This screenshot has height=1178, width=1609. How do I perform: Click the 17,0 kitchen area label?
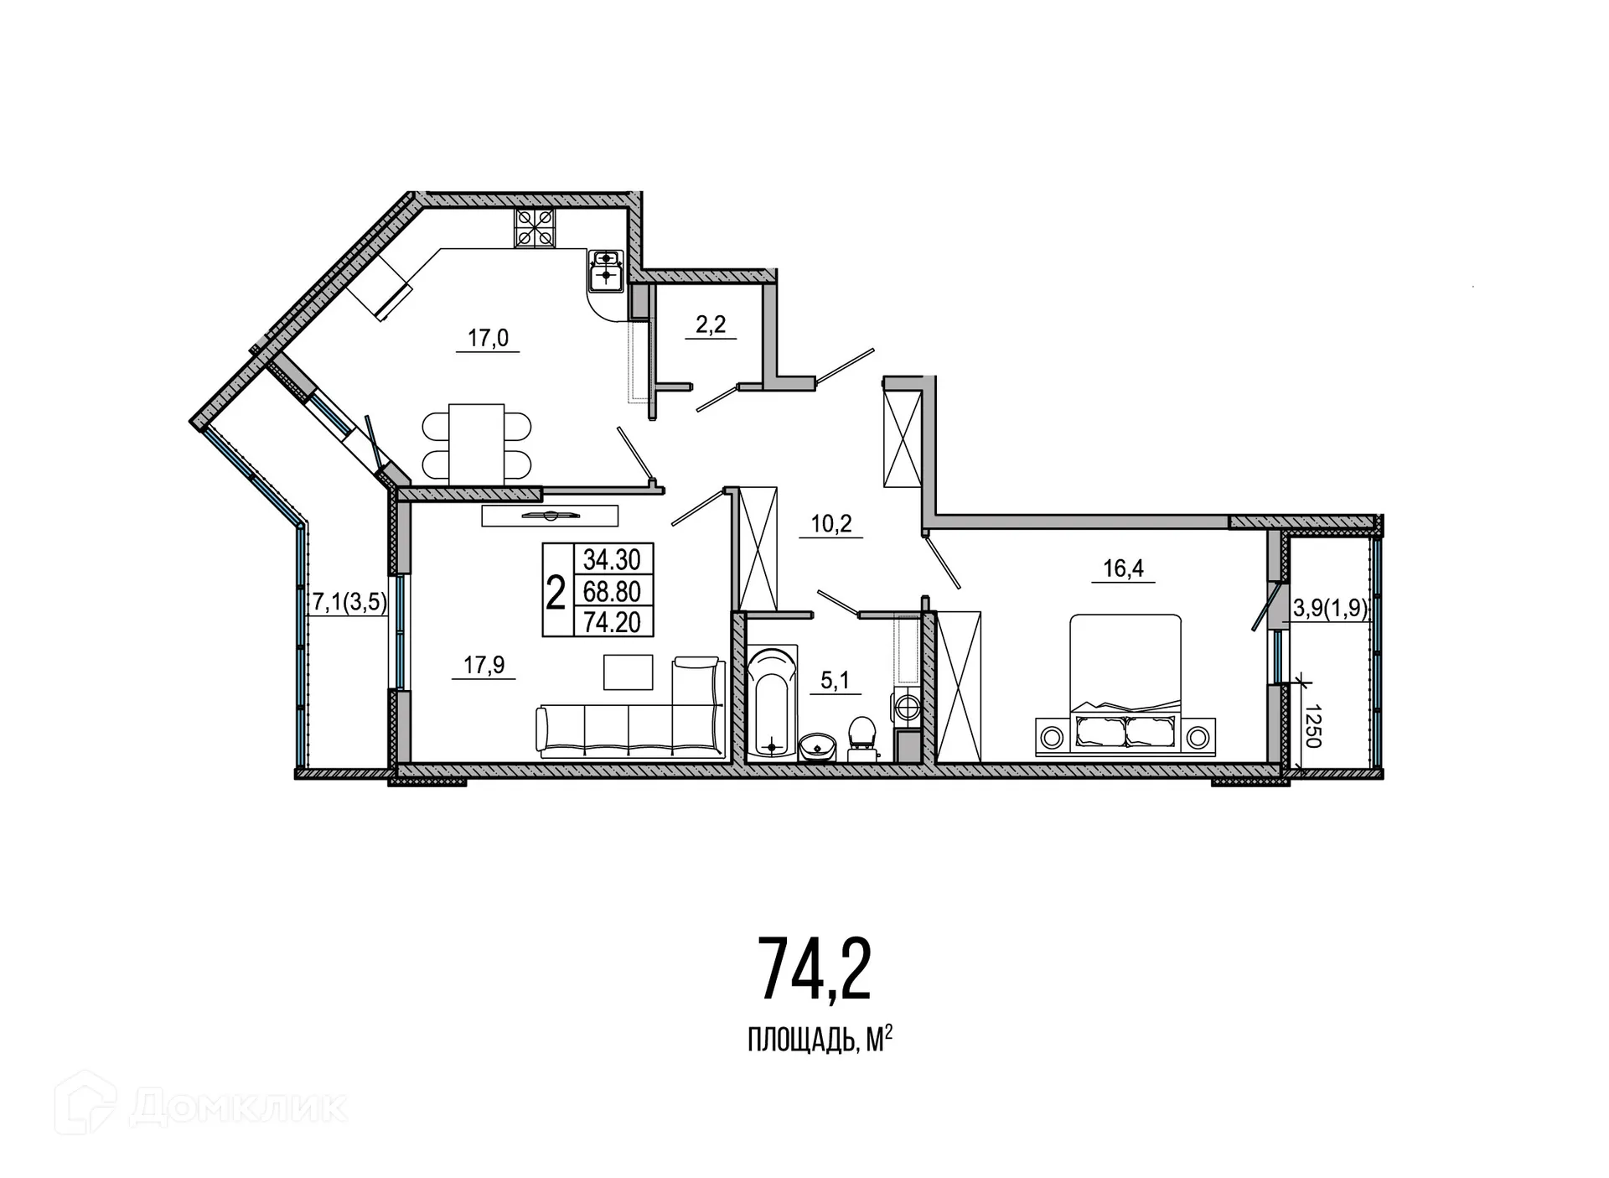click(488, 338)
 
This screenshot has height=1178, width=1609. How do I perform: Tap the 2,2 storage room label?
click(711, 324)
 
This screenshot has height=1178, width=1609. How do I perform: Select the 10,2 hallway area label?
click(830, 524)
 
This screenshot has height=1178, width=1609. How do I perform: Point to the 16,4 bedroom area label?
click(1123, 568)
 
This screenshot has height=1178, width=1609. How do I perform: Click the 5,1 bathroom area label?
click(835, 680)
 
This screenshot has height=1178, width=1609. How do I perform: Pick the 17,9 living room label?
click(484, 665)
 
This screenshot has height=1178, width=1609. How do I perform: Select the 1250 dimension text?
click(1312, 725)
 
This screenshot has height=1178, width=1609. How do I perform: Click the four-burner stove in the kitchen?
click(535, 226)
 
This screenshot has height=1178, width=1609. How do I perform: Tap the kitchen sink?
click(605, 270)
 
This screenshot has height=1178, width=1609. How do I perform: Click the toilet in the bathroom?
click(861, 736)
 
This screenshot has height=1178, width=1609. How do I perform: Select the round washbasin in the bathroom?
click(817, 745)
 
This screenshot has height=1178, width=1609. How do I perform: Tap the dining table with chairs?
click(476, 444)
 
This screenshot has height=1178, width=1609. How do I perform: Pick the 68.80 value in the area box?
click(612, 591)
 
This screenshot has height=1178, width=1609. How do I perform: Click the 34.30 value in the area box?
click(612, 559)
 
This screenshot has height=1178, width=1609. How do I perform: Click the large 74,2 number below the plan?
click(815, 970)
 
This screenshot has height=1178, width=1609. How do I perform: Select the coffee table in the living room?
click(628, 672)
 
